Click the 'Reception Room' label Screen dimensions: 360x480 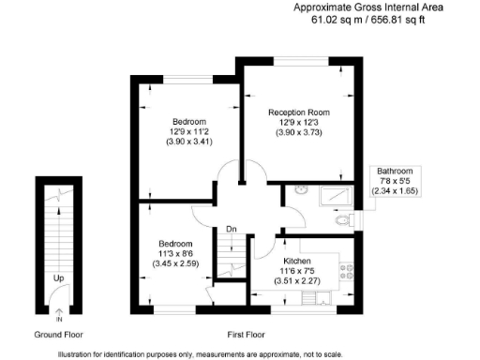click(x=296, y=112)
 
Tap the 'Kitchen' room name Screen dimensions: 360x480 click(x=297, y=262)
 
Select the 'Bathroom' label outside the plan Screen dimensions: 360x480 click(x=395, y=172)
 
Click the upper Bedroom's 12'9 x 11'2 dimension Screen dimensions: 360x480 click(x=188, y=132)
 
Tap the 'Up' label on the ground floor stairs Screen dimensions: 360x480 click(x=58, y=278)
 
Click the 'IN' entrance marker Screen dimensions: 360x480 click(x=59, y=320)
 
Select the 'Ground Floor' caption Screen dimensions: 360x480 click(x=59, y=334)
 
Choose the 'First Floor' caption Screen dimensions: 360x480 click(x=246, y=334)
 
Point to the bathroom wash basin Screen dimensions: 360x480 click(x=299, y=191)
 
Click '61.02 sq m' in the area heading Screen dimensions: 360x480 click(x=322, y=19)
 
